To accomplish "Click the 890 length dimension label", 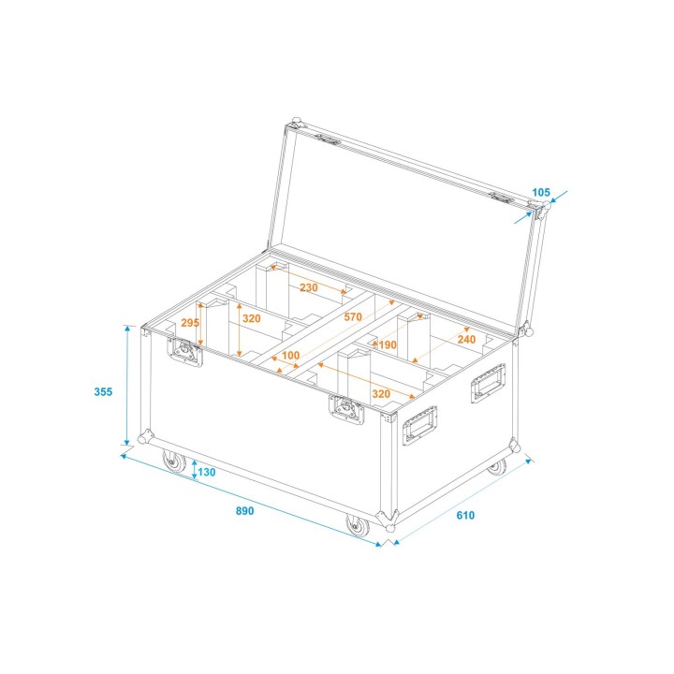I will [244, 511].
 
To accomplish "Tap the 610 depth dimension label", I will [466, 515].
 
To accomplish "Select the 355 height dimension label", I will [104, 391].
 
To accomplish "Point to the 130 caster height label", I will [207, 472].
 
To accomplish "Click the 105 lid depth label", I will [541, 193].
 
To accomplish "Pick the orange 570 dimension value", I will [352, 317].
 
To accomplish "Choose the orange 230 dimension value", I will [309, 287].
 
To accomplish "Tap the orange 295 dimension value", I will [190, 322].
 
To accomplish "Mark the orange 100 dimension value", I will [290, 356].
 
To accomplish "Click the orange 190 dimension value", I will [388, 344].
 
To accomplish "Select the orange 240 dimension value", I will [465, 339].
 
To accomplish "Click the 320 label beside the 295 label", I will [252, 317].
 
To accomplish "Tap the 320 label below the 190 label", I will [380, 394].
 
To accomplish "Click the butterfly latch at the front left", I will [185, 352].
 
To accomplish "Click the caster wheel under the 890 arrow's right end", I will [357, 526].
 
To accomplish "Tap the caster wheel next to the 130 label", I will [174, 462].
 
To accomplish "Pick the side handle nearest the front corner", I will [420, 428].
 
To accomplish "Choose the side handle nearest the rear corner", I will [488, 384].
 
